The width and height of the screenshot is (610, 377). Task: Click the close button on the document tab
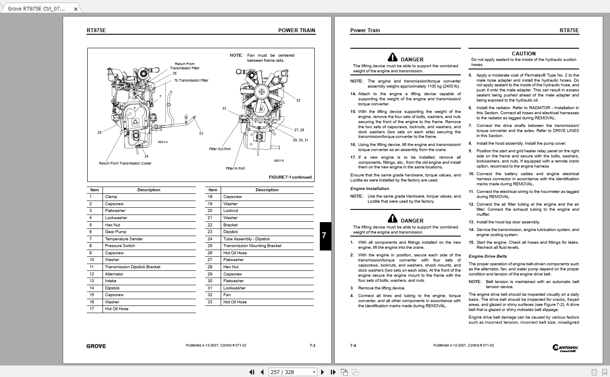[76, 9]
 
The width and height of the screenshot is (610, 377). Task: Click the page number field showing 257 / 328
[292, 372]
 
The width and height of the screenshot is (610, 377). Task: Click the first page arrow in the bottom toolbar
[252, 372]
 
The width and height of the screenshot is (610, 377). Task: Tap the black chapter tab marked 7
[325, 236]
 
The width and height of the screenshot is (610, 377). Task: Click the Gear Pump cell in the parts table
[116, 232]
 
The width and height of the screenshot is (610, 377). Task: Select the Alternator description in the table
[114, 274]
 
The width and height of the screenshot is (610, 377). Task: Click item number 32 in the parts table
[210, 295]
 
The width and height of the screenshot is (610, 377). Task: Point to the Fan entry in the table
[227, 295]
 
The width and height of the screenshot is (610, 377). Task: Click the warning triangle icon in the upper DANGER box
[393, 58]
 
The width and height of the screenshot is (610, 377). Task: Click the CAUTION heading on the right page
[524, 54]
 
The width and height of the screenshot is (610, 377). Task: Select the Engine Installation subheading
[369, 189]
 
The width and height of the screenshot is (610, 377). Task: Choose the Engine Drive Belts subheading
[488, 256]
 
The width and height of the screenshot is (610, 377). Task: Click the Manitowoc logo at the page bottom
[565, 348]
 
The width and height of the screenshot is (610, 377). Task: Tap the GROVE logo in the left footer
[96, 346]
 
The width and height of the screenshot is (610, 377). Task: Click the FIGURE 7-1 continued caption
[290, 177]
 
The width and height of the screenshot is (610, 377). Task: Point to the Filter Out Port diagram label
[220, 149]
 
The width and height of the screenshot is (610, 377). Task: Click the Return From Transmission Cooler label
[125, 163]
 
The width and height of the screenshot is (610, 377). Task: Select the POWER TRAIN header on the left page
[297, 30]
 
